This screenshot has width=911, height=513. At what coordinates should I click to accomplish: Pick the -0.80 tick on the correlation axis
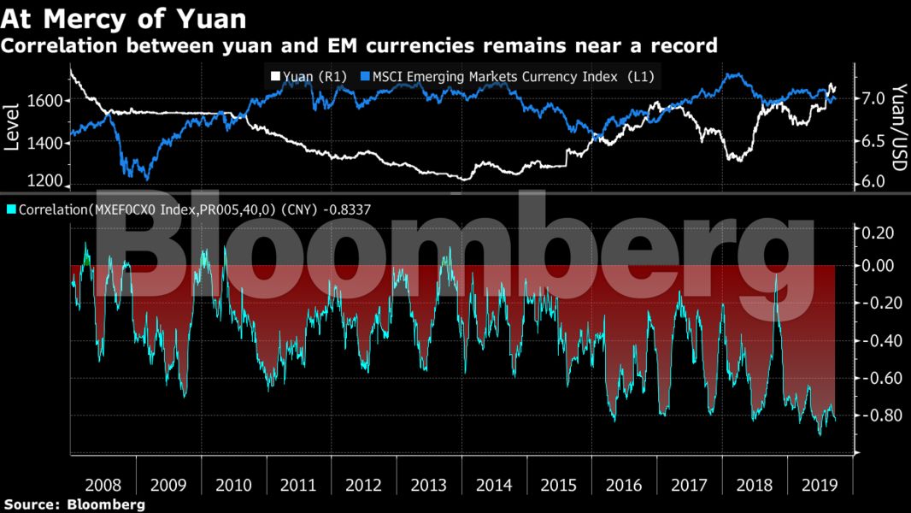coord(877,416)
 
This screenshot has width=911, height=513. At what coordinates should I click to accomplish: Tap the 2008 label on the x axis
coord(103,485)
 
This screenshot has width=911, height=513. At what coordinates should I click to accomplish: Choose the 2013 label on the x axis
coord(429,485)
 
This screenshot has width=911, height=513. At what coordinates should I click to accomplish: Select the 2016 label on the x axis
coord(624,485)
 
